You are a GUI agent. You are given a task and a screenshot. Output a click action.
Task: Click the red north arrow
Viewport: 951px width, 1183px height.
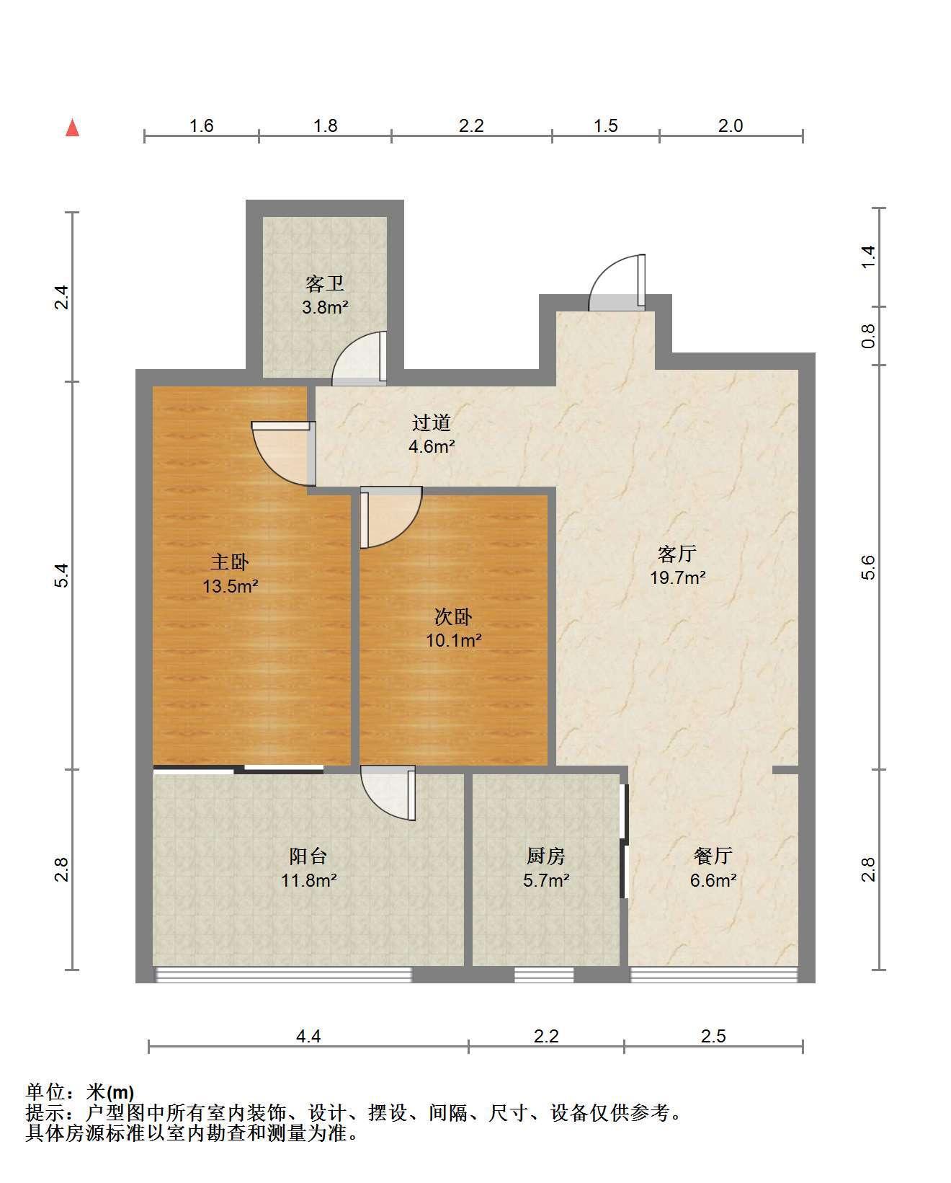coord(73,128)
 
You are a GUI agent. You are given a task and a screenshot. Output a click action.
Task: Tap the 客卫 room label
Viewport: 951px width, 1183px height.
coord(325,283)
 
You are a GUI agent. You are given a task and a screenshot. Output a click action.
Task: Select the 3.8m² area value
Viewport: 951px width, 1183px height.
coord(325,307)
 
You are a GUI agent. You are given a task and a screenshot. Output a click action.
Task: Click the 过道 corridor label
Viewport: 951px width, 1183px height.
coord(432,422)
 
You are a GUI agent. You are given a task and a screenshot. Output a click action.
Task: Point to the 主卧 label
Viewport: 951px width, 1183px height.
coord(231,562)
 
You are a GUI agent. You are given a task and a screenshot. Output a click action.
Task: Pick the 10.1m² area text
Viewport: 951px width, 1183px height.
coord(454,640)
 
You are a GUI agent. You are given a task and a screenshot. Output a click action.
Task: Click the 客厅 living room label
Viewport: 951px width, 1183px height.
coord(677,554)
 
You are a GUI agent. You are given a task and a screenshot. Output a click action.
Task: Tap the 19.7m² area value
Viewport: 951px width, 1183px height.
coord(677,577)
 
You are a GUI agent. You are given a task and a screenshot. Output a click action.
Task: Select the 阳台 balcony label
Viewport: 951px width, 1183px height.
coord(308,856)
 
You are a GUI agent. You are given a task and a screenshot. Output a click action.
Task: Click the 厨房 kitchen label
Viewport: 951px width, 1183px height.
coord(545,856)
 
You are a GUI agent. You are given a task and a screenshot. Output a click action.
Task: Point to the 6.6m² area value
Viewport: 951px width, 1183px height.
coord(713,881)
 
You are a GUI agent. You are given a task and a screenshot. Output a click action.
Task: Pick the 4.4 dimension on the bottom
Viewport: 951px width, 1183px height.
coord(308,1036)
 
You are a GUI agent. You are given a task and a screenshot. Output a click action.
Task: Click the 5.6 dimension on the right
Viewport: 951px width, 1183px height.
coord(868,567)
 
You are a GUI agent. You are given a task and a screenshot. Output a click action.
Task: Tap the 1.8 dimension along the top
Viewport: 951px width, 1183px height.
coord(325,126)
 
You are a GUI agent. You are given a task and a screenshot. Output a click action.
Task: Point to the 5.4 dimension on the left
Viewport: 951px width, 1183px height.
coord(61,575)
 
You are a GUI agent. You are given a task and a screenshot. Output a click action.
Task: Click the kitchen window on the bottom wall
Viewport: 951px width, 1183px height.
coord(544,975)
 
